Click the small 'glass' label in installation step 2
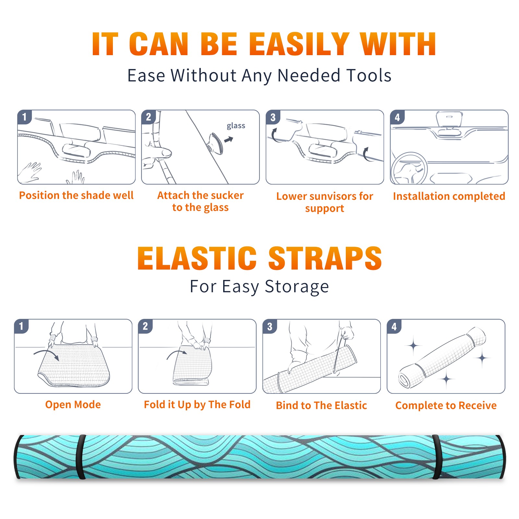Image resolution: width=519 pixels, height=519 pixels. point(236,126)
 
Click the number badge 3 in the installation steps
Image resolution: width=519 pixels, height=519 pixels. point(273,117)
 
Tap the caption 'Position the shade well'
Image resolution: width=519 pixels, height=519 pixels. point(76,195)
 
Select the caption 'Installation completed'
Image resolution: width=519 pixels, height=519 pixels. point(449,196)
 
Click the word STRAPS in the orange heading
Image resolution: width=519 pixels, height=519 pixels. point(325,258)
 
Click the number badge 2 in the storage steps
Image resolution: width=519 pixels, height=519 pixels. point(145,326)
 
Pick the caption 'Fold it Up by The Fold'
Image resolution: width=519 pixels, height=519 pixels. point(197,405)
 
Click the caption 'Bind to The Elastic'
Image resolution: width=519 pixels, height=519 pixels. point(321,405)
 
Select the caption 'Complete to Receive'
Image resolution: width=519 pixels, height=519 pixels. point(446,405)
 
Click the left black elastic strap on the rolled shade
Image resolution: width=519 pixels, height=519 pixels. point(81,457)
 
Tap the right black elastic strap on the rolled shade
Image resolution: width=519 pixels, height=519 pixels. point(436,457)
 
